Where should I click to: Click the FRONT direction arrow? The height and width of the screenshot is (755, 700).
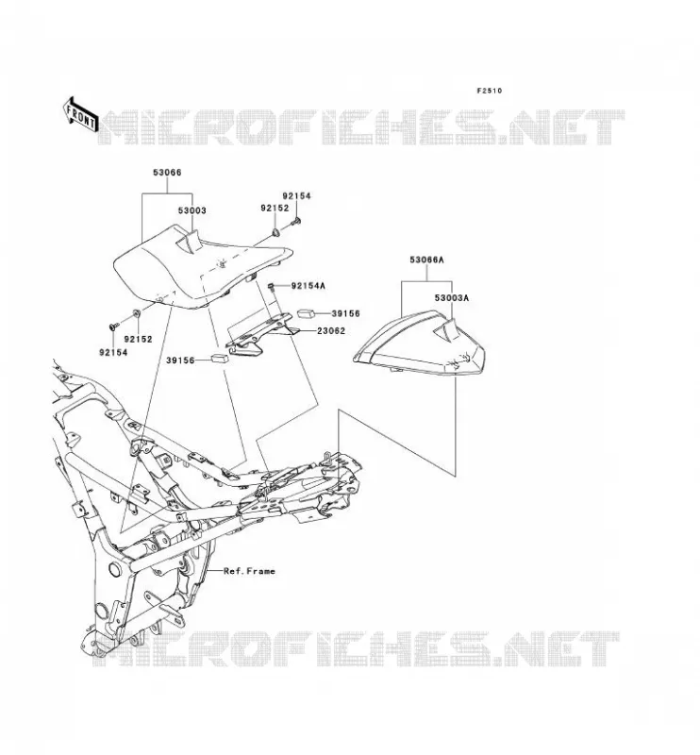80,115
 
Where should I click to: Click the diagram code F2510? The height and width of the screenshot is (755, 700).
489,91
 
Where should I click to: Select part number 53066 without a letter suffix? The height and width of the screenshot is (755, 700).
167,173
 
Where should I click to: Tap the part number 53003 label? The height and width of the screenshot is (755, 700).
192,210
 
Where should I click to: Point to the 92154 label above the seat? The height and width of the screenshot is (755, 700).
296,196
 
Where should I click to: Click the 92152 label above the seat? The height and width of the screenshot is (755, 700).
275,208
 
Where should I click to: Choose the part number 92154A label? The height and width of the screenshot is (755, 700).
308,286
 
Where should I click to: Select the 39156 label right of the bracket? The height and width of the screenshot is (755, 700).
345,313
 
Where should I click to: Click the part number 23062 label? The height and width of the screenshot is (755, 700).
331,331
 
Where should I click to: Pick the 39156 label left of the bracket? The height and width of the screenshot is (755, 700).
180,361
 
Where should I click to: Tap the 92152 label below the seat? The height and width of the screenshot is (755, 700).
138,339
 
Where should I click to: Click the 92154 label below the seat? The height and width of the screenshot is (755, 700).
113,352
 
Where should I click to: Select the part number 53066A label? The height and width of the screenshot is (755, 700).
427,260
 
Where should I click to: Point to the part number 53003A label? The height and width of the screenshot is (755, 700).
452,298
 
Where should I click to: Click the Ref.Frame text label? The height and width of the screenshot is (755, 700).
249,571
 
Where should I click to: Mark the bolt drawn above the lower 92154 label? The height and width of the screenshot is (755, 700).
113,327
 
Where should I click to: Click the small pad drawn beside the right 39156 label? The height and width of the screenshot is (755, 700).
306,313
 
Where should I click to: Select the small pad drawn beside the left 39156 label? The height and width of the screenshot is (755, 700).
219,358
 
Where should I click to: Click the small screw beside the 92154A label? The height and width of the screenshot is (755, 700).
271,287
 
